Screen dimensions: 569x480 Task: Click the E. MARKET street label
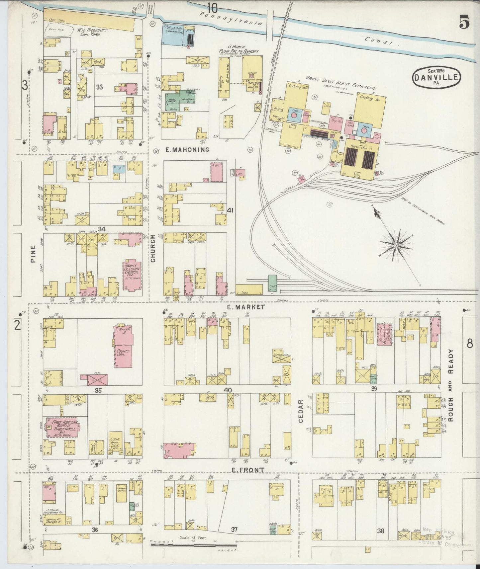[247, 307]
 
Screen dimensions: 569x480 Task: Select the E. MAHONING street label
[187, 150]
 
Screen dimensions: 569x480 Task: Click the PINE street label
[33, 256]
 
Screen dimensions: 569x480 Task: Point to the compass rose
[396, 245]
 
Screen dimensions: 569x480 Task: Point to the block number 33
[99, 87]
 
